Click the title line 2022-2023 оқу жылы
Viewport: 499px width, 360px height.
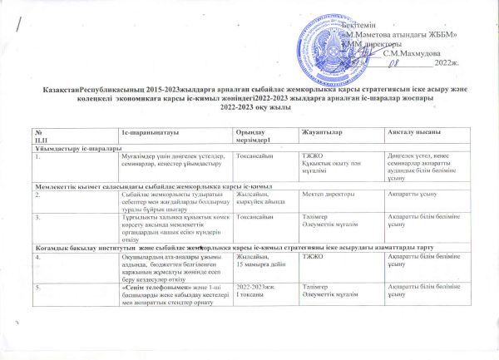[249, 106]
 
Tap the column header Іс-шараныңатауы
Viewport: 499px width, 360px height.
[148, 134]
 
